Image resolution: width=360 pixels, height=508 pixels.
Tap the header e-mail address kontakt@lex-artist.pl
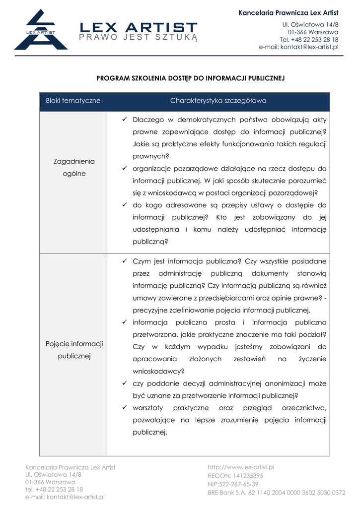(298, 47)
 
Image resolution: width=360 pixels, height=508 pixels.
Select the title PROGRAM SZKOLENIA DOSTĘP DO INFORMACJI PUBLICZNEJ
(190, 78)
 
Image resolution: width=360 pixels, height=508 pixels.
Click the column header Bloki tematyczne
(73, 101)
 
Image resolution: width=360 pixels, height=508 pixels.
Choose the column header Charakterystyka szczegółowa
(218, 101)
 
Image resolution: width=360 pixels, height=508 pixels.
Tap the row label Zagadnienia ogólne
(74, 168)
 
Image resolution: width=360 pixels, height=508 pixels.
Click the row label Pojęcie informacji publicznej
(74, 350)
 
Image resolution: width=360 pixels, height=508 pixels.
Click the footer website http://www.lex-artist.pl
(241, 467)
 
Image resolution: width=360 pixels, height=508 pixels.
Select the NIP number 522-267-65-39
(233, 484)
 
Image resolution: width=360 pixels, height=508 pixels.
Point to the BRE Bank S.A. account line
(276, 493)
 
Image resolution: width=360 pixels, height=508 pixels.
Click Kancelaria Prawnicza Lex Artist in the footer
(70, 467)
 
